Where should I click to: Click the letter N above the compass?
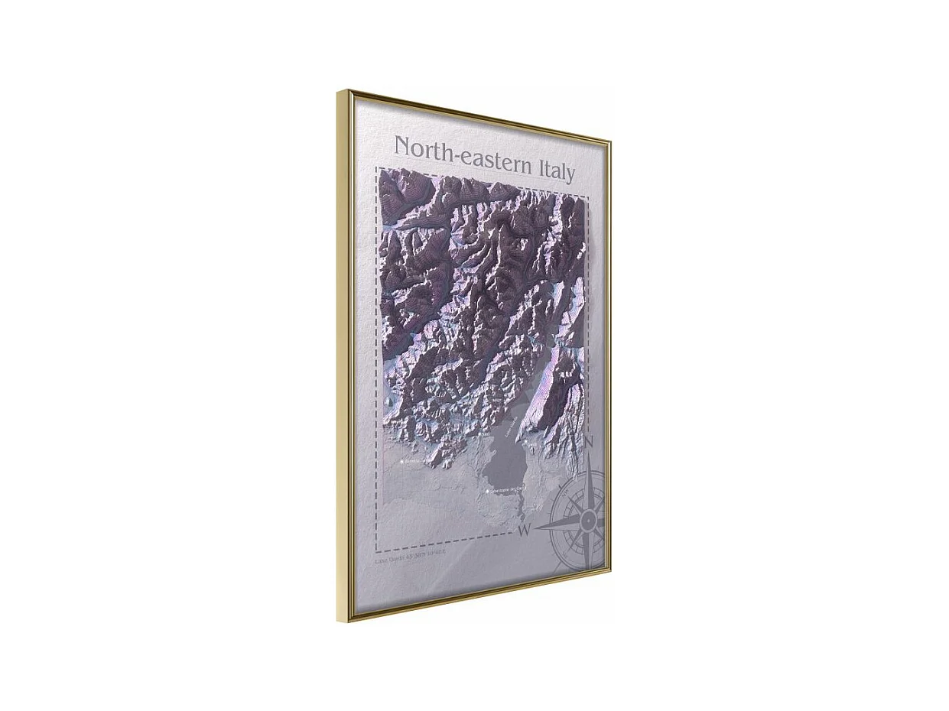[x=589, y=443]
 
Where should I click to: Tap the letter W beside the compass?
[x=525, y=529]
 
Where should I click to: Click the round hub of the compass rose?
[x=588, y=521]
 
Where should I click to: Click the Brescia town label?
[x=414, y=462]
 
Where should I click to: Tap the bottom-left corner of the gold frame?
[x=349, y=619]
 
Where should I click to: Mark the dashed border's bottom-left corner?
[x=377, y=550]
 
